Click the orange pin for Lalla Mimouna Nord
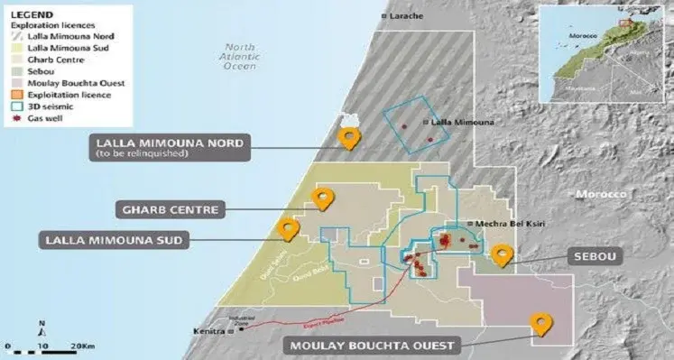(348, 137)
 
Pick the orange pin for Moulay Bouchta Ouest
(542, 323)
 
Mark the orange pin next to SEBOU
(502, 254)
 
